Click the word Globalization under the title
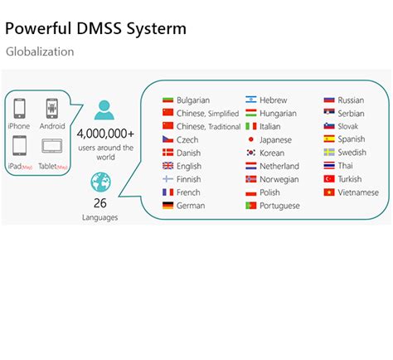click(x=40, y=51)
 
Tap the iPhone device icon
click(x=19, y=109)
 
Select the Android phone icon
click(x=52, y=109)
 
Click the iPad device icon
click(x=19, y=146)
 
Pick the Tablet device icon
click(x=52, y=147)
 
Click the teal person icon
click(x=104, y=110)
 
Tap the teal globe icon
click(x=100, y=182)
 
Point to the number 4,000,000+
click(x=105, y=133)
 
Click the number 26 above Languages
click(x=100, y=202)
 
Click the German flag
click(x=168, y=206)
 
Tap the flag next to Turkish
click(x=329, y=179)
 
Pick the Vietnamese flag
click(x=329, y=192)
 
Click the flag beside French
click(x=168, y=192)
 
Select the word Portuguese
click(x=279, y=206)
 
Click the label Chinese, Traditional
click(x=208, y=127)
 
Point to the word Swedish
click(x=352, y=153)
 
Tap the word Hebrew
click(x=274, y=100)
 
